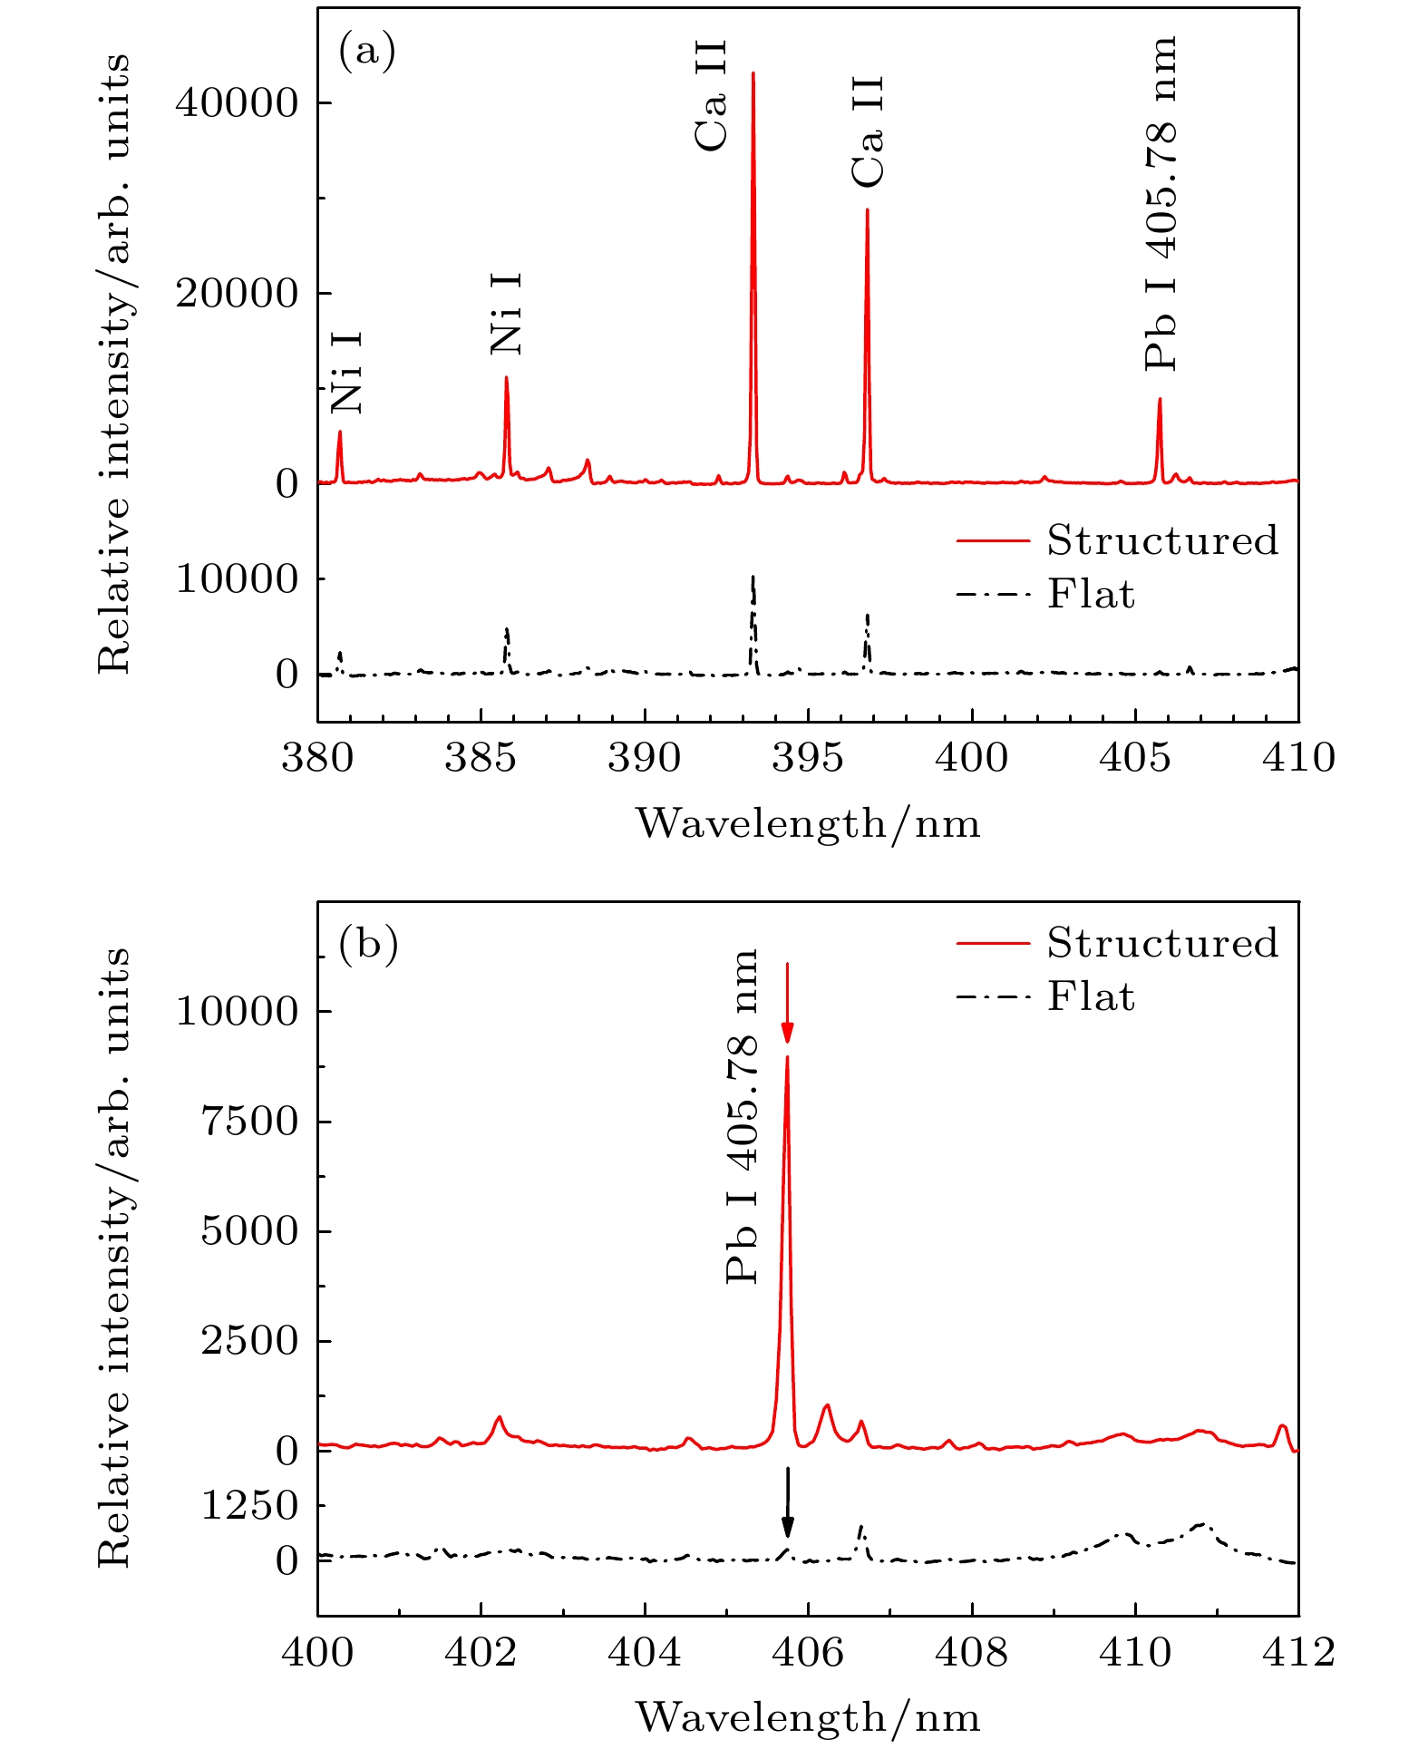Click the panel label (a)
[367, 52]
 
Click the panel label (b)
[368, 945]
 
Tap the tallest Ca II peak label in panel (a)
[712, 95]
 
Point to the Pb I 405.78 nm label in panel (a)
[1161, 203]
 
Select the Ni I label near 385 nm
[506, 314]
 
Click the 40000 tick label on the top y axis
[237, 103]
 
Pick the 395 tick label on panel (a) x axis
[808, 758]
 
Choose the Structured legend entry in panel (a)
[1117, 540]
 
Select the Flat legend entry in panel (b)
[1045, 997]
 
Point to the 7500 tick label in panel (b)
[249, 1122]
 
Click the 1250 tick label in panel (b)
[249, 1506]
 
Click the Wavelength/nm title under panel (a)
[808, 824]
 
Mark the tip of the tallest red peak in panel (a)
[753, 73]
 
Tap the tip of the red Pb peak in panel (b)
[787, 1056]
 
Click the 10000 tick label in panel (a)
[237, 579]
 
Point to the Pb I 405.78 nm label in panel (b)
[743, 1116]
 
